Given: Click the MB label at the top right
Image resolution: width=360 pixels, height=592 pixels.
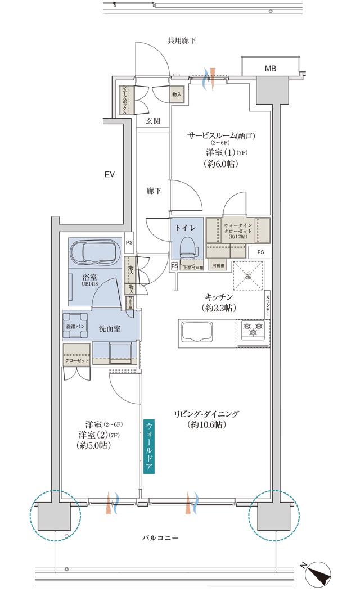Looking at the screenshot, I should (271, 69).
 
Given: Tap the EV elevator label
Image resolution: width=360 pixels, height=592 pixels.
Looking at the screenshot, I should (109, 175).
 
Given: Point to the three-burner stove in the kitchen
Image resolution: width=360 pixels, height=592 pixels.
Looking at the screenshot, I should (251, 329).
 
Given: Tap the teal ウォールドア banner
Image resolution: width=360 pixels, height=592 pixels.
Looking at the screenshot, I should (148, 447).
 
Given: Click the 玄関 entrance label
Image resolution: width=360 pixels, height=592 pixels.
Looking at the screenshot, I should (153, 120).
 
